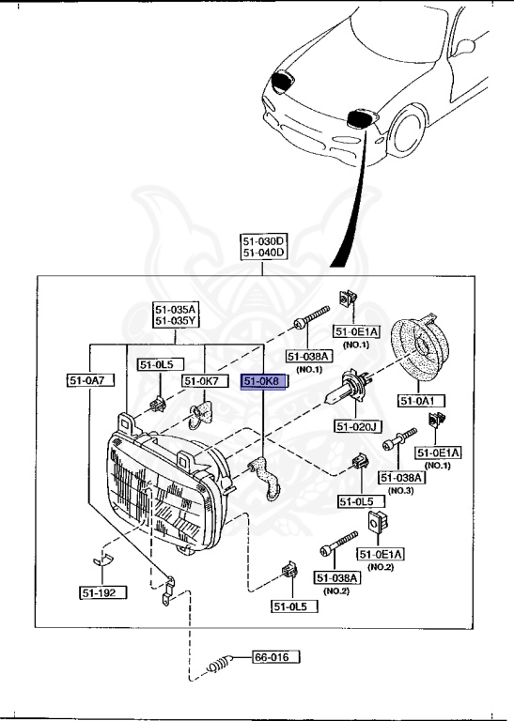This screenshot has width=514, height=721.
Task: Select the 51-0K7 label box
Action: click(x=201, y=381)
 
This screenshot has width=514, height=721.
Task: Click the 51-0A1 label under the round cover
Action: click(x=421, y=401)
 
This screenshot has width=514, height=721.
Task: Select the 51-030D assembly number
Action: click(x=264, y=240)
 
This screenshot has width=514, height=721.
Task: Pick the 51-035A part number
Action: click(x=176, y=309)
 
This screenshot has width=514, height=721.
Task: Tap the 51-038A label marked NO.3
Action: click(x=402, y=478)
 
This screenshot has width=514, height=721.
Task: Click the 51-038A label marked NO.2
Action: click(x=336, y=577)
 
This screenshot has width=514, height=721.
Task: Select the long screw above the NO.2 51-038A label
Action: click(x=339, y=543)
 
